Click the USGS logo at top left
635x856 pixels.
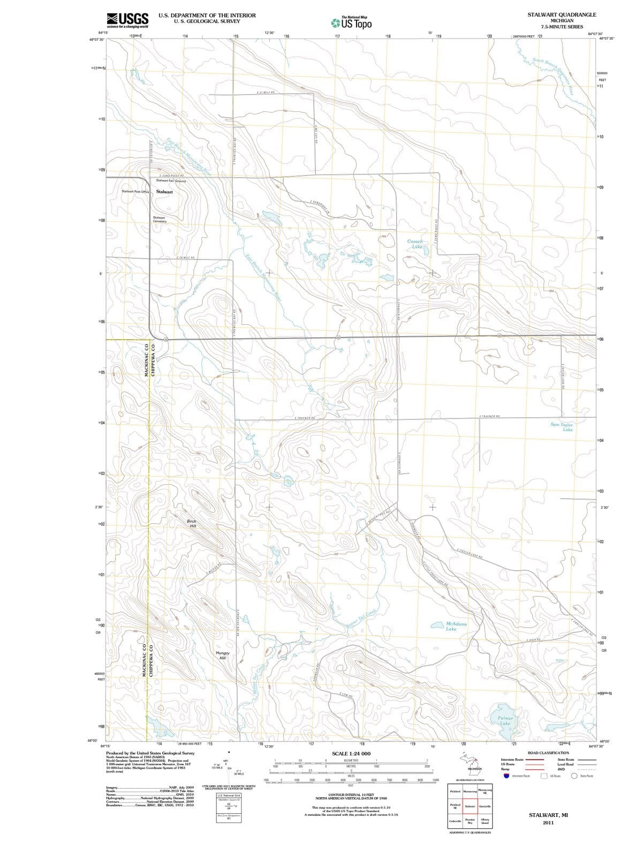[x=127, y=20]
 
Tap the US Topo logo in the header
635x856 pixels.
[x=352, y=23]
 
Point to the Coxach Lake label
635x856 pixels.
[x=415, y=244]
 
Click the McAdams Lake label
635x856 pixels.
[x=456, y=626]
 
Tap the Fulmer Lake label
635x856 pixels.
[x=505, y=720]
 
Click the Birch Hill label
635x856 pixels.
[x=192, y=523]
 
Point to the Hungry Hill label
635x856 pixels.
[x=223, y=655]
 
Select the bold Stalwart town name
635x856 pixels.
[x=164, y=192]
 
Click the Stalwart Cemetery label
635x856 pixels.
[x=159, y=219]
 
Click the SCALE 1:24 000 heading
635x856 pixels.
[x=351, y=753]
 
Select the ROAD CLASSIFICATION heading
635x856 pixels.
[x=548, y=753]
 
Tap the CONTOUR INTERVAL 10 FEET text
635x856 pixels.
[x=351, y=795]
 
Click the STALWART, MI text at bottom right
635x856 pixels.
[x=548, y=815]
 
